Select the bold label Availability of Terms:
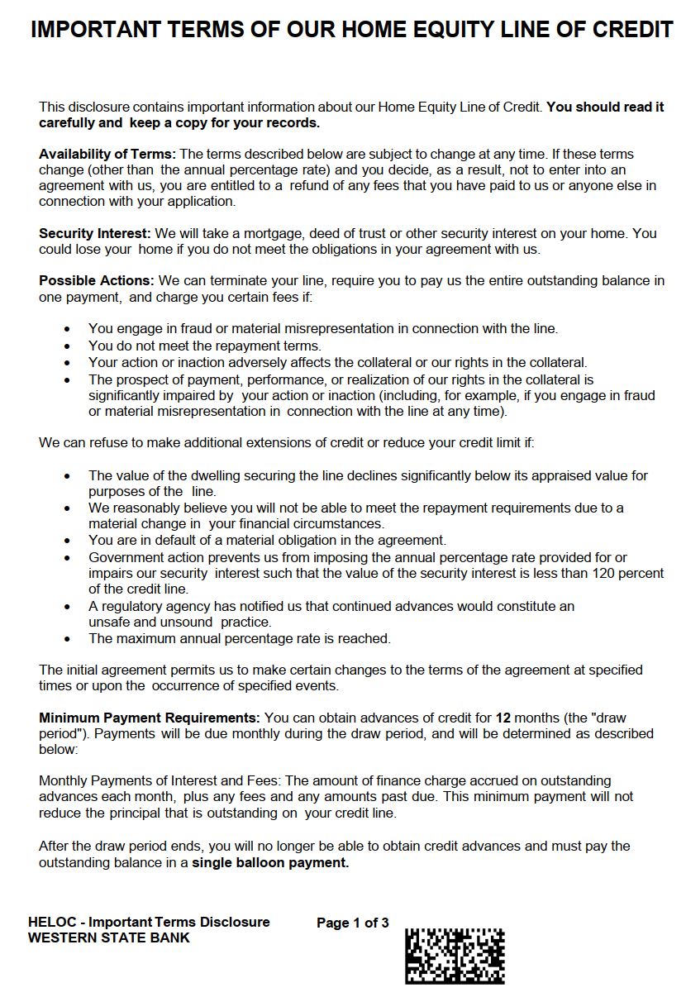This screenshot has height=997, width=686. pyautogui.click(x=107, y=154)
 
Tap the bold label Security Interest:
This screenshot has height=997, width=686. pyautogui.click(x=95, y=233)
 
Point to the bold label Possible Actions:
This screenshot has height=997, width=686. pyautogui.click(x=97, y=281)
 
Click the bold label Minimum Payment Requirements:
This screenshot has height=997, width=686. pyautogui.click(x=150, y=718)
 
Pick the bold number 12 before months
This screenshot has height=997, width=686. pyautogui.click(x=503, y=718)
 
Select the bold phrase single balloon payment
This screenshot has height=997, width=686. pyautogui.click(x=270, y=862)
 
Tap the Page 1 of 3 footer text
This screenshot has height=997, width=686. pyautogui.click(x=353, y=923)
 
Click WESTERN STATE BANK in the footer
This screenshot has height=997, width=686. pyautogui.click(x=109, y=937)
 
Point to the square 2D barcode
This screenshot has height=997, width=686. pyautogui.click(x=455, y=956)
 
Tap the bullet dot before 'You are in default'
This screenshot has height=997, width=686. pyautogui.click(x=68, y=541)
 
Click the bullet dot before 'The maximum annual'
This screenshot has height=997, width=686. pyautogui.click(x=68, y=639)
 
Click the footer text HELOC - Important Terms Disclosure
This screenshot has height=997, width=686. pyautogui.click(x=149, y=923)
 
